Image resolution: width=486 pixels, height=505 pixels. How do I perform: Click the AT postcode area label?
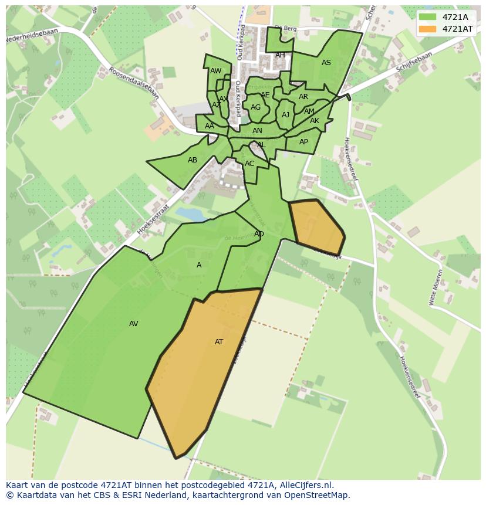pos(219,342)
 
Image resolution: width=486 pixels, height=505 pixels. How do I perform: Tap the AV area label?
pos(134,324)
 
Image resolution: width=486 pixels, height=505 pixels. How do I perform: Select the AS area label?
pos(326,63)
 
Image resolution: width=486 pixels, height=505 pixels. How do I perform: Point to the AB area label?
pos(193,160)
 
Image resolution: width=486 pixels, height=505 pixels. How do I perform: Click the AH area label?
pos(280,55)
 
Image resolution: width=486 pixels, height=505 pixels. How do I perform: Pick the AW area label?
pos(215,71)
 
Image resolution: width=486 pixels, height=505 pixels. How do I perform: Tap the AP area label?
pos(303,142)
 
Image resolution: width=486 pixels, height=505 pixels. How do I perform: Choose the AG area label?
pos(255,107)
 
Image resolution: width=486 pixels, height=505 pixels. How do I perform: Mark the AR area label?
pos(303,97)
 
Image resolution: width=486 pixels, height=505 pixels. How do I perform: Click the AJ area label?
pos(286,115)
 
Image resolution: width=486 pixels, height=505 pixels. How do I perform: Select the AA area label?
pos(210,126)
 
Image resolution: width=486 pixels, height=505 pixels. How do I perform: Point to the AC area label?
pos(249,164)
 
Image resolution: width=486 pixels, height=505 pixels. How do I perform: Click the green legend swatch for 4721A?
pos(428,17)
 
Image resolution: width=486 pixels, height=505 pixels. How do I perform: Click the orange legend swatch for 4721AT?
pos(428,29)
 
